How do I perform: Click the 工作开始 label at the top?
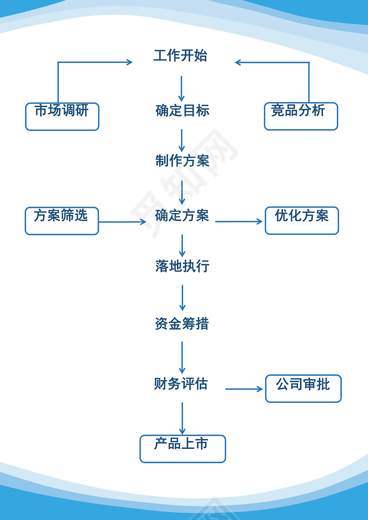pos(180,56)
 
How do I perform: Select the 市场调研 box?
pos(62,116)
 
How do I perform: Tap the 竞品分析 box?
pos(301,116)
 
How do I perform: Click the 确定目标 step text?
pos(182,110)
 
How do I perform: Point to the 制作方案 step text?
pos(182,160)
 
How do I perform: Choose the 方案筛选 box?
pos(62,221)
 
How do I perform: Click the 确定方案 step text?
pos(182,216)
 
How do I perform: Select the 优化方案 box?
pos(301,220)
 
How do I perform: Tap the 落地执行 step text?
pos(182,266)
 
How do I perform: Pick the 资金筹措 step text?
pos(182,324)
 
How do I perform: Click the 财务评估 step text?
pos(181,384)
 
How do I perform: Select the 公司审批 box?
pos(303,388)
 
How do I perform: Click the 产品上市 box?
pos(183,448)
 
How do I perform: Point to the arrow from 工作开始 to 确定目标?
pos(181,89)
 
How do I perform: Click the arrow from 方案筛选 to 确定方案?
pos(122,222)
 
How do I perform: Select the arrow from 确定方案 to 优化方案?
pos(239,221)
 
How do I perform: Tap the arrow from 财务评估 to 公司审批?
pos(244,389)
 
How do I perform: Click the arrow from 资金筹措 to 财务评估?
pos(182,357)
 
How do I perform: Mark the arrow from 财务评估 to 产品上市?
pos(182,418)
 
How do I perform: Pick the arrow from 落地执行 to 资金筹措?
pos(182,298)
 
